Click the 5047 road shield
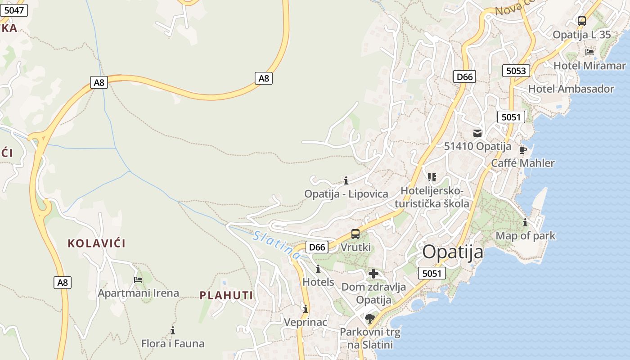[x=13, y=10]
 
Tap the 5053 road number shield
[x=516, y=71]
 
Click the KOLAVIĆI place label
[x=96, y=243]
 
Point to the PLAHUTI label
[x=226, y=295]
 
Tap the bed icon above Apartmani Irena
[x=138, y=279]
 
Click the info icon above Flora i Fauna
[x=173, y=330]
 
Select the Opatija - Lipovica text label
[x=346, y=194]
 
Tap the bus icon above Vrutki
[x=355, y=234]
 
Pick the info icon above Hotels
[x=319, y=269]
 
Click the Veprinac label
[x=305, y=322]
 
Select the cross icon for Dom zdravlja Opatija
[x=373, y=273]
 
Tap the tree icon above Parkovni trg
[x=370, y=319]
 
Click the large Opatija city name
[x=453, y=252]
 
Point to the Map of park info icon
[x=525, y=222]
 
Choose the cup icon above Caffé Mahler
[x=522, y=149]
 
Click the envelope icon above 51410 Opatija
[x=477, y=133]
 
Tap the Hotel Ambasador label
[x=571, y=89]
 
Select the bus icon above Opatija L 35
[x=582, y=21]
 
